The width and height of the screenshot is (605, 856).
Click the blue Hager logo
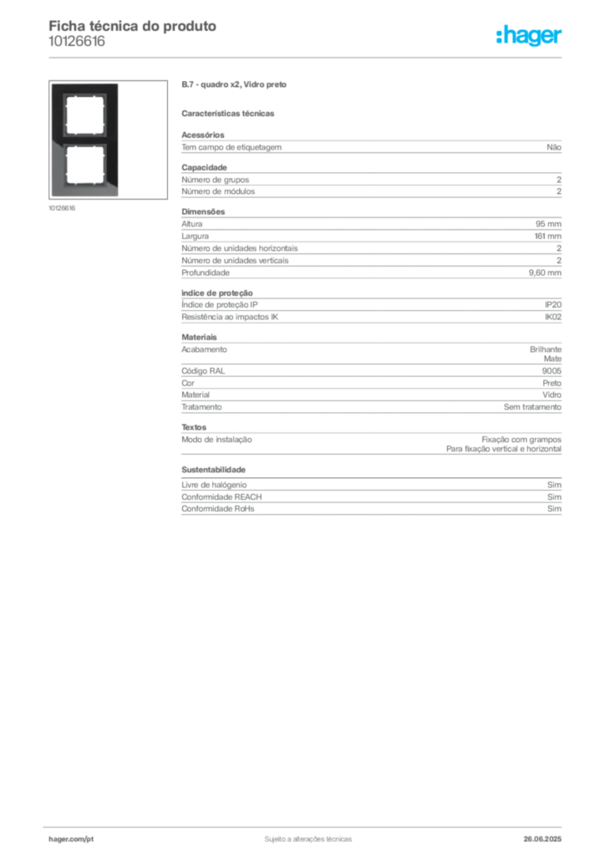click(x=530, y=37)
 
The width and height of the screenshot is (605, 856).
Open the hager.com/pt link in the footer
click(x=70, y=838)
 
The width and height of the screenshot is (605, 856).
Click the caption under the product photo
click(x=64, y=208)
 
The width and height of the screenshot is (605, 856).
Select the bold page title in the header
click(x=134, y=26)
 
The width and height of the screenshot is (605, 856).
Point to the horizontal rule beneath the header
click(x=308, y=57)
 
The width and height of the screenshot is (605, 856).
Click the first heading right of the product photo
click(x=234, y=86)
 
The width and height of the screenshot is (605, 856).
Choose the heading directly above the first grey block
click(x=231, y=113)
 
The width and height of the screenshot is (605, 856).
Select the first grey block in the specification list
click(x=371, y=146)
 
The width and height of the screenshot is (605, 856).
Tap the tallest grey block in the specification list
click(x=371, y=247)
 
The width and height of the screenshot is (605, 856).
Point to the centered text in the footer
click(x=307, y=836)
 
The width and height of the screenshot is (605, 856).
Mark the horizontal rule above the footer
click(x=308, y=825)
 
